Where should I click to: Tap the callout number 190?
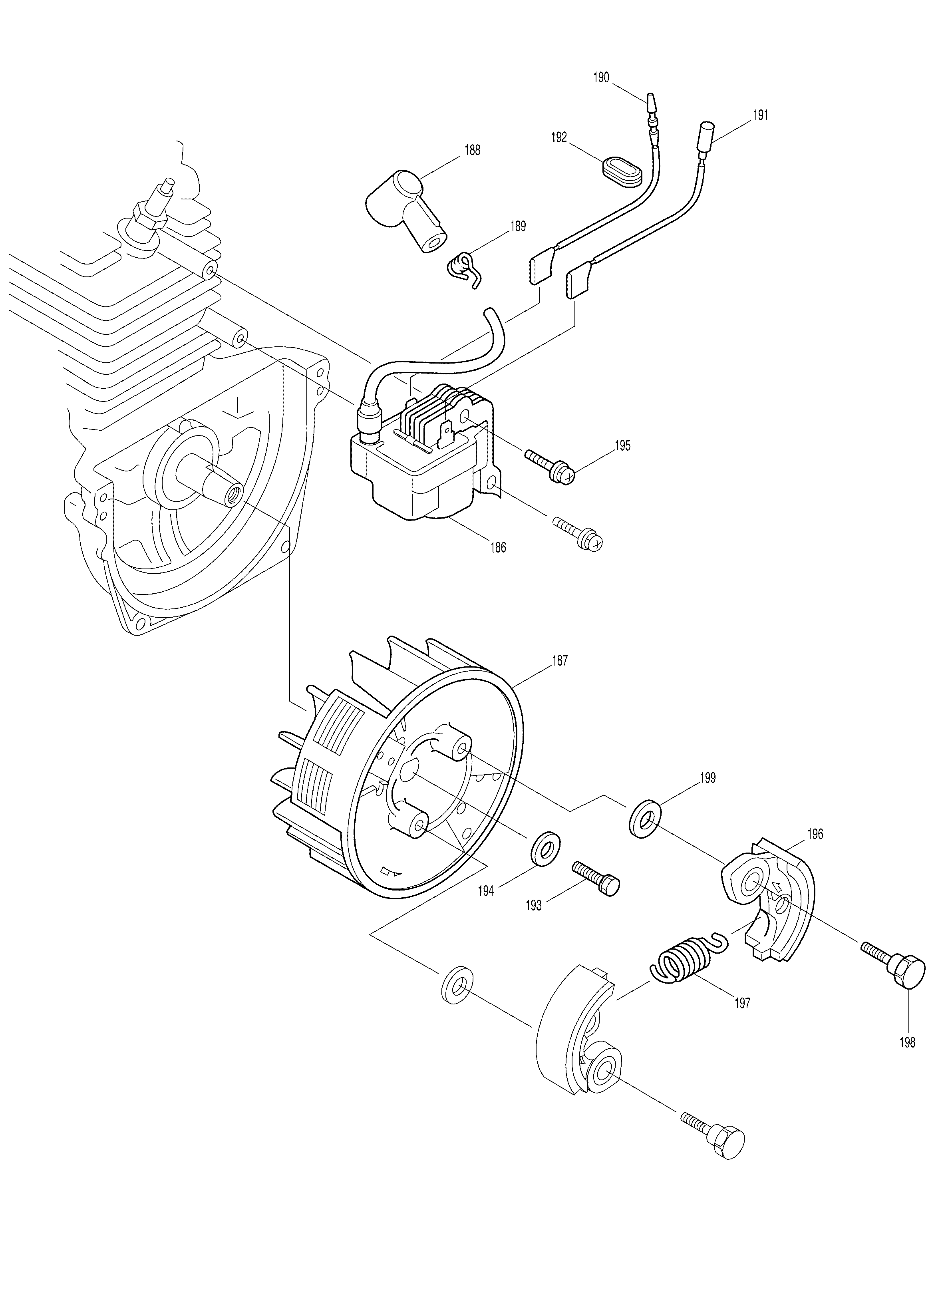pos(601,77)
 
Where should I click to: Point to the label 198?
pos(907,1042)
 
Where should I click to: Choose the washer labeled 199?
pos(645,824)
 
